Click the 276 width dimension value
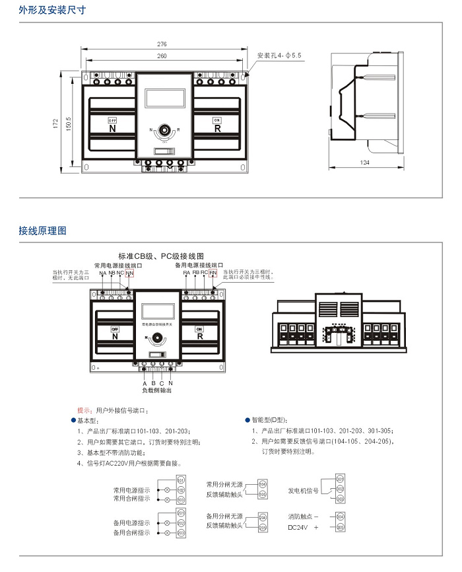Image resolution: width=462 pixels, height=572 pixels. click(162, 44)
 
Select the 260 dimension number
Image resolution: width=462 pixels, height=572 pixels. click(162, 56)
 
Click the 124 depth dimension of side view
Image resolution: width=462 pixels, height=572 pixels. click(365, 163)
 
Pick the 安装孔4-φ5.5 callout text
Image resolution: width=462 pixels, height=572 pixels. click(279, 55)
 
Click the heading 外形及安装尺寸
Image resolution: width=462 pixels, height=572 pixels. click(51, 11)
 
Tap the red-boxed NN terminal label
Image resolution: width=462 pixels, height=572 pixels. click(129, 273)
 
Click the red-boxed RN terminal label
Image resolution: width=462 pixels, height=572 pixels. click(213, 272)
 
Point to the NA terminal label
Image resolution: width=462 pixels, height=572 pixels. click(103, 273)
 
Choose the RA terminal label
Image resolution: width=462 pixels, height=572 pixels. click(187, 272)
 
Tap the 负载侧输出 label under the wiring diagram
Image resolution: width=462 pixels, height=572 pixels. click(156, 391)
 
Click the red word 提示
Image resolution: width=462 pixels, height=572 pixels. click(84, 410)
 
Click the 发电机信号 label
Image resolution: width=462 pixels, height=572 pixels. click(303, 491)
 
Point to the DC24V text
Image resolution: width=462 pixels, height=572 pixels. click(298, 527)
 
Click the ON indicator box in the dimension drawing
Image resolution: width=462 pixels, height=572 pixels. click(217, 120)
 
